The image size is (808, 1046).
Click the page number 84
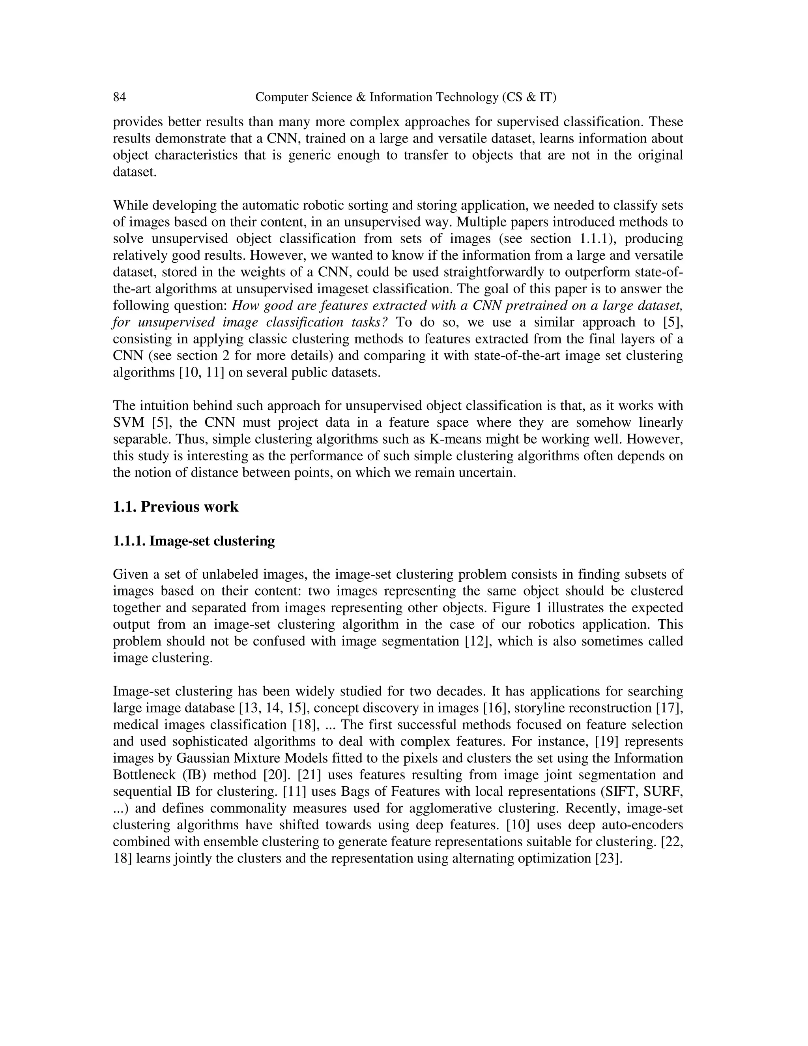pos(119,97)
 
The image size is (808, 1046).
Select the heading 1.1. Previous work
pos(175,507)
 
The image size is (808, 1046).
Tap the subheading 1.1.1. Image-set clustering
pos(193,541)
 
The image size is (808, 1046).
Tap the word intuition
pos(164,406)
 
